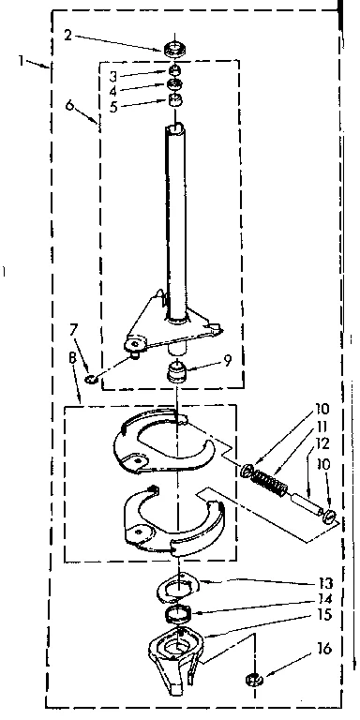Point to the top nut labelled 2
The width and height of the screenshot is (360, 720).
point(172,47)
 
